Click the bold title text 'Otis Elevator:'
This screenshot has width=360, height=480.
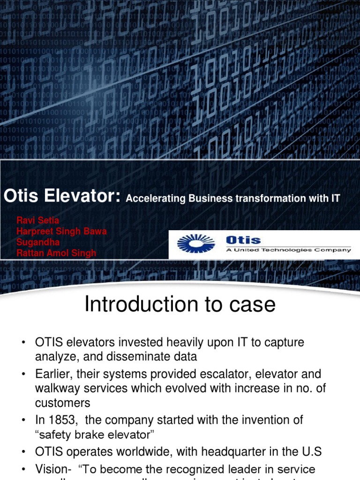click(63, 197)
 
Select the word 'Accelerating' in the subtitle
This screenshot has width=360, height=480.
click(156, 198)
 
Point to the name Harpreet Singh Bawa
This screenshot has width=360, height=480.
click(61, 231)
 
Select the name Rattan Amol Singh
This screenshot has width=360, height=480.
click(56, 253)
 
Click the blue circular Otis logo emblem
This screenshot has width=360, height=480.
click(195, 244)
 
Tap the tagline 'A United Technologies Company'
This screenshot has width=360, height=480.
click(288, 250)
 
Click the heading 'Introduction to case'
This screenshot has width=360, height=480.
click(180, 305)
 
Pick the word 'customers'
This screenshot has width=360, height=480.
click(63, 403)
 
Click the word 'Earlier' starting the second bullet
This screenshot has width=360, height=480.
click(52, 374)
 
